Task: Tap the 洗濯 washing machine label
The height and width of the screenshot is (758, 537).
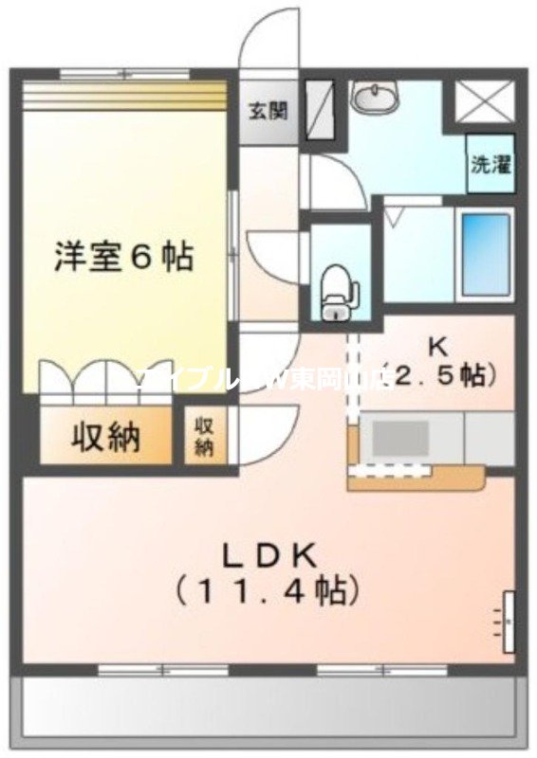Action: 490,163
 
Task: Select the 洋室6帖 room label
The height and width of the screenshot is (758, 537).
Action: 123,257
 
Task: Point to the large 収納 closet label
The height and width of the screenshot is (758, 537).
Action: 104,437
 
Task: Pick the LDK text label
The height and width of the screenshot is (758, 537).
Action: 268,553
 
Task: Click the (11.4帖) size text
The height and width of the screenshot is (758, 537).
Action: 268,592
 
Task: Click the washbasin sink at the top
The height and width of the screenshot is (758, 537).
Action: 377,98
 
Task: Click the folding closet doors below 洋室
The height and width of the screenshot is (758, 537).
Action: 104,379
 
